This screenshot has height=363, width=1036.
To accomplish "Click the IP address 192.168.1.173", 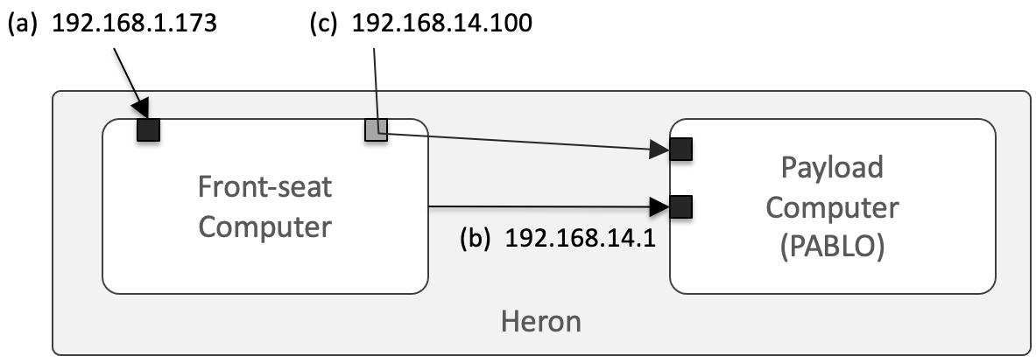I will [134, 24].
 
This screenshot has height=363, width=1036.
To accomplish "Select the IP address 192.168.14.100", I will [441, 24].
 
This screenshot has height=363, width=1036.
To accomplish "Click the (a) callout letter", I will [23, 24].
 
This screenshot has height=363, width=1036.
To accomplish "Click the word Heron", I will [540, 322].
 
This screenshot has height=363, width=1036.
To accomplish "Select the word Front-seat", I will [264, 188].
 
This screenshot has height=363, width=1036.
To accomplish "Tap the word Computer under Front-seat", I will [264, 227].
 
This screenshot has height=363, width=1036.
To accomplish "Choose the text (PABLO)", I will [832, 248].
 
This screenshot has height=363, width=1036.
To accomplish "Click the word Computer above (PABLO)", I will [832, 208].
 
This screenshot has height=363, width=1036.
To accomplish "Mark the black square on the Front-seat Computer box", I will [148, 129].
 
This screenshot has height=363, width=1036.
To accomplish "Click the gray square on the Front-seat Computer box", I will [376, 129].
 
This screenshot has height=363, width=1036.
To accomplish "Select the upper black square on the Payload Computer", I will [681, 149].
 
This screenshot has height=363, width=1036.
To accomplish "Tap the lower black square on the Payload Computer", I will [681, 207].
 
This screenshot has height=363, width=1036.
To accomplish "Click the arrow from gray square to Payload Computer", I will [525, 142].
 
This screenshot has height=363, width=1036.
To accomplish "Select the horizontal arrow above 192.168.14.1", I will [543, 207].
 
